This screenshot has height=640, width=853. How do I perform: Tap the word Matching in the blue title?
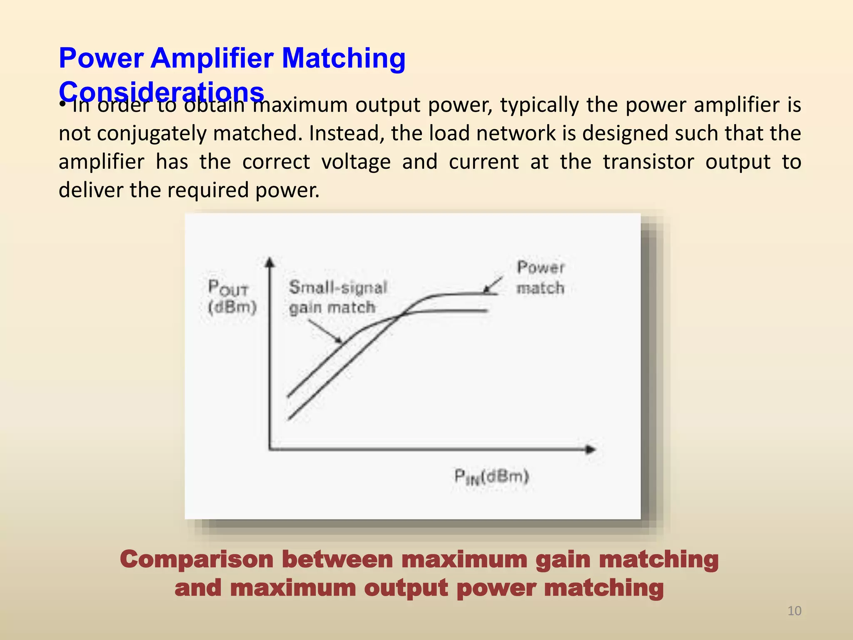[x=344, y=58]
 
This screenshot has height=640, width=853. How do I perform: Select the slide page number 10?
[x=794, y=611]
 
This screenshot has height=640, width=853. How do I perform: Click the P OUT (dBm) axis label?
[x=232, y=297]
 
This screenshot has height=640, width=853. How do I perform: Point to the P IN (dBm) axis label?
[x=491, y=476]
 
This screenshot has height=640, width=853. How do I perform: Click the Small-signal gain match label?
[x=338, y=297]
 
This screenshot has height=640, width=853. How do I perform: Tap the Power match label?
[x=540, y=277]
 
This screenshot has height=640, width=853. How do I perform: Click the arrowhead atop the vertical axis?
[x=270, y=262]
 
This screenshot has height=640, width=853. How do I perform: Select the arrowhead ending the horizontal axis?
[x=591, y=449]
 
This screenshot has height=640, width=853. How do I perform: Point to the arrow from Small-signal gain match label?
[x=325, y=331]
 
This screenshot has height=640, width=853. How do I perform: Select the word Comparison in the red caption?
[x=196, y=559]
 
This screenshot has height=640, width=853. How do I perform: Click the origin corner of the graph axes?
[x=270, y=449]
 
